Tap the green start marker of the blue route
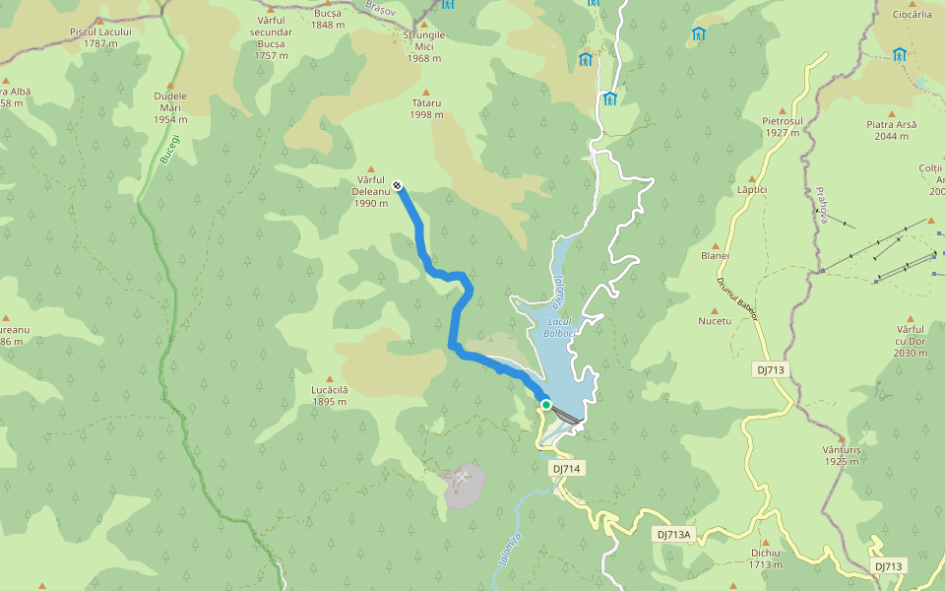point(545,404)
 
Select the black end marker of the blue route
point(397,184)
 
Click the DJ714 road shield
point(566,469)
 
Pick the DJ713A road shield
point(675,534)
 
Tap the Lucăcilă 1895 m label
point(330,395)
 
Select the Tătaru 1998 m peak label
point(426,108)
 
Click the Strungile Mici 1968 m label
point(424,46)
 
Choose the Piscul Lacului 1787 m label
point(100,37)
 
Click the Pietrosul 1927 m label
point(783,126)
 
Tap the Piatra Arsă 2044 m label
point(892,130)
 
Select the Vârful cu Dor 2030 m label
point(912,340)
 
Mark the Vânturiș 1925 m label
point(842,455)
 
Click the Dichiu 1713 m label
point(765,558)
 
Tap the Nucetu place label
point(715,321)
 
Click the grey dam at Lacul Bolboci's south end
point(565,415)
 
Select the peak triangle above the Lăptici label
point(751,179)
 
